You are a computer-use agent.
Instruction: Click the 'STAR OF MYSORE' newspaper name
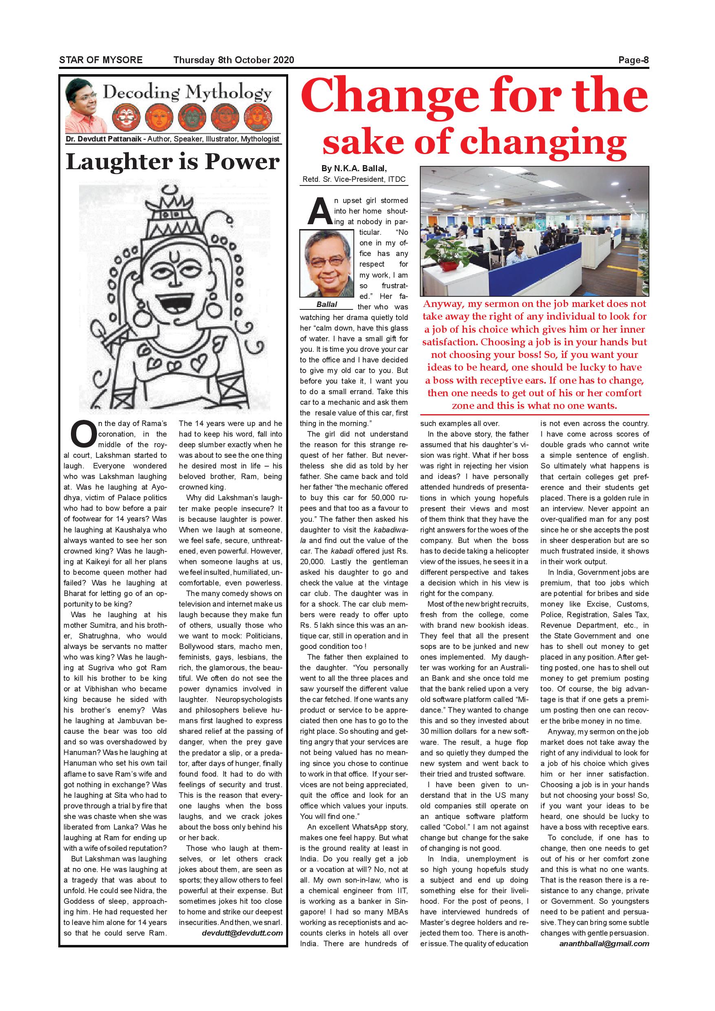click(x=101, y=60)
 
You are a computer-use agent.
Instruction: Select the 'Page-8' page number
click(x=633, y=60)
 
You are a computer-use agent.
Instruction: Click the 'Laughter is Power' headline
click(x=172, y=161)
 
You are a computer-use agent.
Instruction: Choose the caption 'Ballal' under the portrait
click(x=327, y=304)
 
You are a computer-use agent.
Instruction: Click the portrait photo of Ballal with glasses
click(x=327, y=263)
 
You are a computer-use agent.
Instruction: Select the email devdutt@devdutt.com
click(x=242, y=933)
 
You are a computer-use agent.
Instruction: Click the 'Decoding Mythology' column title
click(x=187, y=93)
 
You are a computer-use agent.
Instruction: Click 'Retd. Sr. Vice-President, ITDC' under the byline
click(x=354, y=180)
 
